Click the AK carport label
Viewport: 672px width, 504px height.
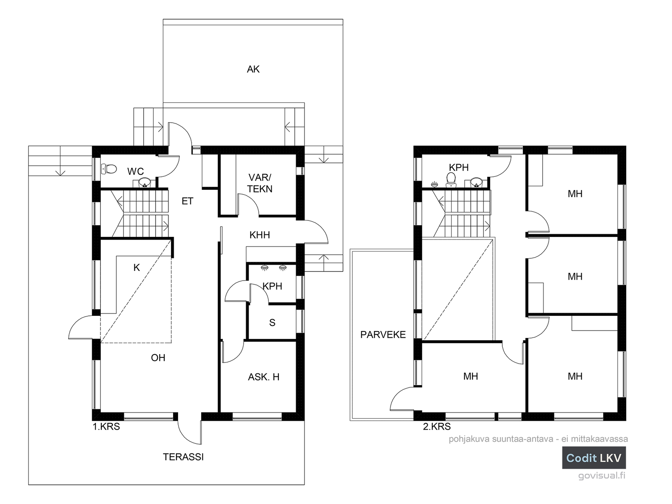coord(253,69)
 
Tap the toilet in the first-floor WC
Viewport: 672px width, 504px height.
coord(109,168)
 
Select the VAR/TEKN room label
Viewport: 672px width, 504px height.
coord(260,183)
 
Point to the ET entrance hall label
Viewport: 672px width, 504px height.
coord(187,201)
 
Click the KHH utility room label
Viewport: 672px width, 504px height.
coord(260,235)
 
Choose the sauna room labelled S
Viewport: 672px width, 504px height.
coord(272,323)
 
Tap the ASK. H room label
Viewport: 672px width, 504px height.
coord(264,377)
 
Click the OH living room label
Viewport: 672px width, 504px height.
coord(158,358)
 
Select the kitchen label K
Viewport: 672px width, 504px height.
coord(136,268)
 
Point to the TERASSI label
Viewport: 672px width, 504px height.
coord(183,457)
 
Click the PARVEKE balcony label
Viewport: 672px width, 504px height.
coord(383,335)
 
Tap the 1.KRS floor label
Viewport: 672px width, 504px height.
coord(106,427)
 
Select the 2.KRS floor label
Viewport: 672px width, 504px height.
coord(437,427)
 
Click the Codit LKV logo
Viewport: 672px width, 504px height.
coord(594,458)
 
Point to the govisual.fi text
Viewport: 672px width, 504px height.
coord(601,475)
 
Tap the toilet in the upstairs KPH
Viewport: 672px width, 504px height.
coord(451,180)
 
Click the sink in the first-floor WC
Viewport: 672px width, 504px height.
coord(144,183)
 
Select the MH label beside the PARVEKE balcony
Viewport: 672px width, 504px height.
coord(470,376)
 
